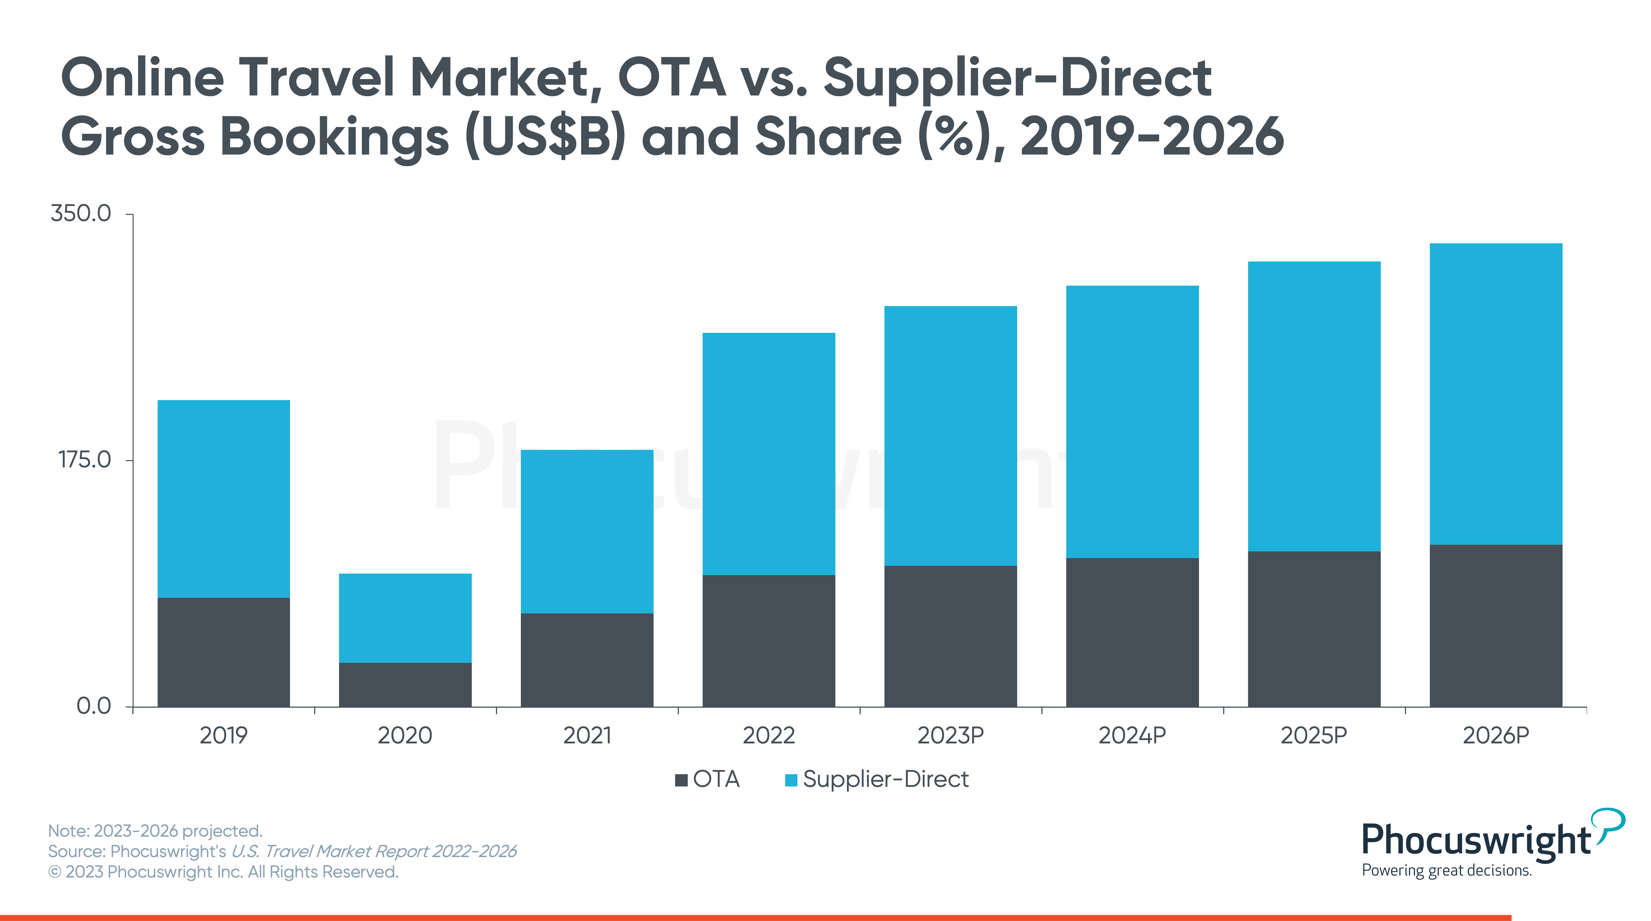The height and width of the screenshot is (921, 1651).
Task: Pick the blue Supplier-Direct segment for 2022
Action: click(x=768, y=454)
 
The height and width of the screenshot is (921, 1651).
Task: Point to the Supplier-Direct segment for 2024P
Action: click(x=1132, y=421)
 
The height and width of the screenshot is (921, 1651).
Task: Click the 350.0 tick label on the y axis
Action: click(x=81, y=213)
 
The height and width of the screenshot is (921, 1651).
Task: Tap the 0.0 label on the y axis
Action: click(x=94, y=706)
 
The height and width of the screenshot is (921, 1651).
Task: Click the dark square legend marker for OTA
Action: click(x=681, y=780)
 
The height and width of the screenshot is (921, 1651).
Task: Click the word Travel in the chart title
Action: click(x=317, y=78)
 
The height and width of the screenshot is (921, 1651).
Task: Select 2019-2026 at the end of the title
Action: click(x=1152, y=136)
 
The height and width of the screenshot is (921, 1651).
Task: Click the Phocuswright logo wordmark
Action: click(x=1476, y=840)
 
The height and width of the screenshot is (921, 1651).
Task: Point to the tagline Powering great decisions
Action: click(x=1447, y=870)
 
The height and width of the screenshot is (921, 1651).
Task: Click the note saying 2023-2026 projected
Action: click(x=155, y=831)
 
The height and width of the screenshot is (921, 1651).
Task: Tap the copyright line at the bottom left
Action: click(x=223, y=872)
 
